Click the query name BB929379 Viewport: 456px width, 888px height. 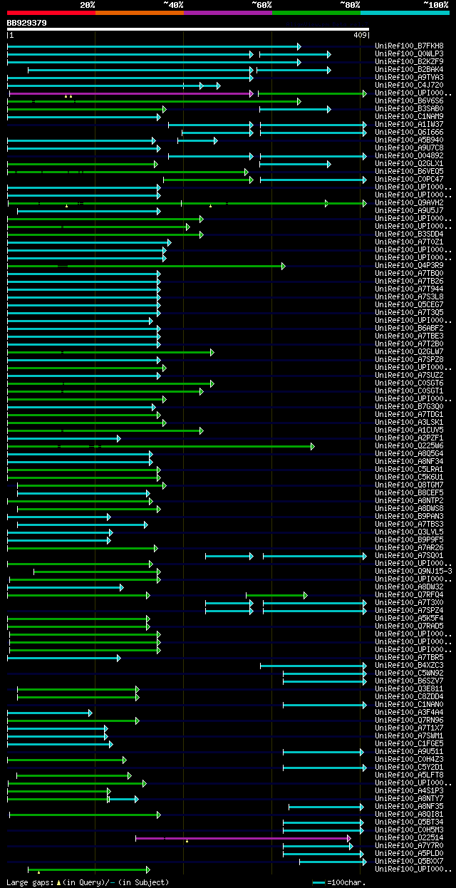coord(27,23)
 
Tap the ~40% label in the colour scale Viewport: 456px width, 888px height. coord(173,5)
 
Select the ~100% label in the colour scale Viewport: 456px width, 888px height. coord(435,5)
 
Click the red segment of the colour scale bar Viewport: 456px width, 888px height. coord(51,13)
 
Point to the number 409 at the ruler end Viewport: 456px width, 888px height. coord(360,34)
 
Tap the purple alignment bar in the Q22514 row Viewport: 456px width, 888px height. coord(242,838)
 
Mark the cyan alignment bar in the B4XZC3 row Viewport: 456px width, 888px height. coord(313,666)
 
